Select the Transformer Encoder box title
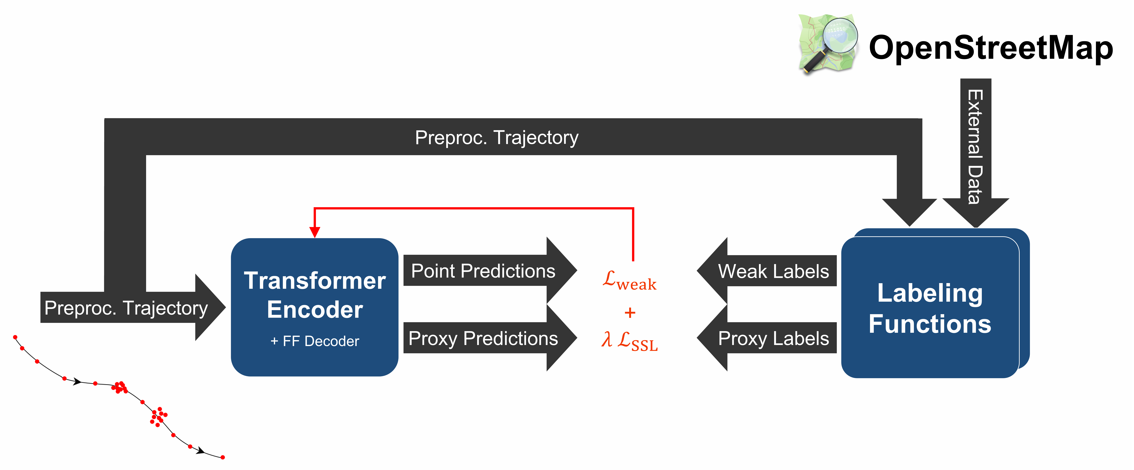point(315,295)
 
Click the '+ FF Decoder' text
point(315,341)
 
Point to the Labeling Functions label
point(930,308)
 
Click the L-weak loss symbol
point(630,280)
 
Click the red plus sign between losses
point(630,312)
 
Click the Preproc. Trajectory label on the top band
point(497,137)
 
